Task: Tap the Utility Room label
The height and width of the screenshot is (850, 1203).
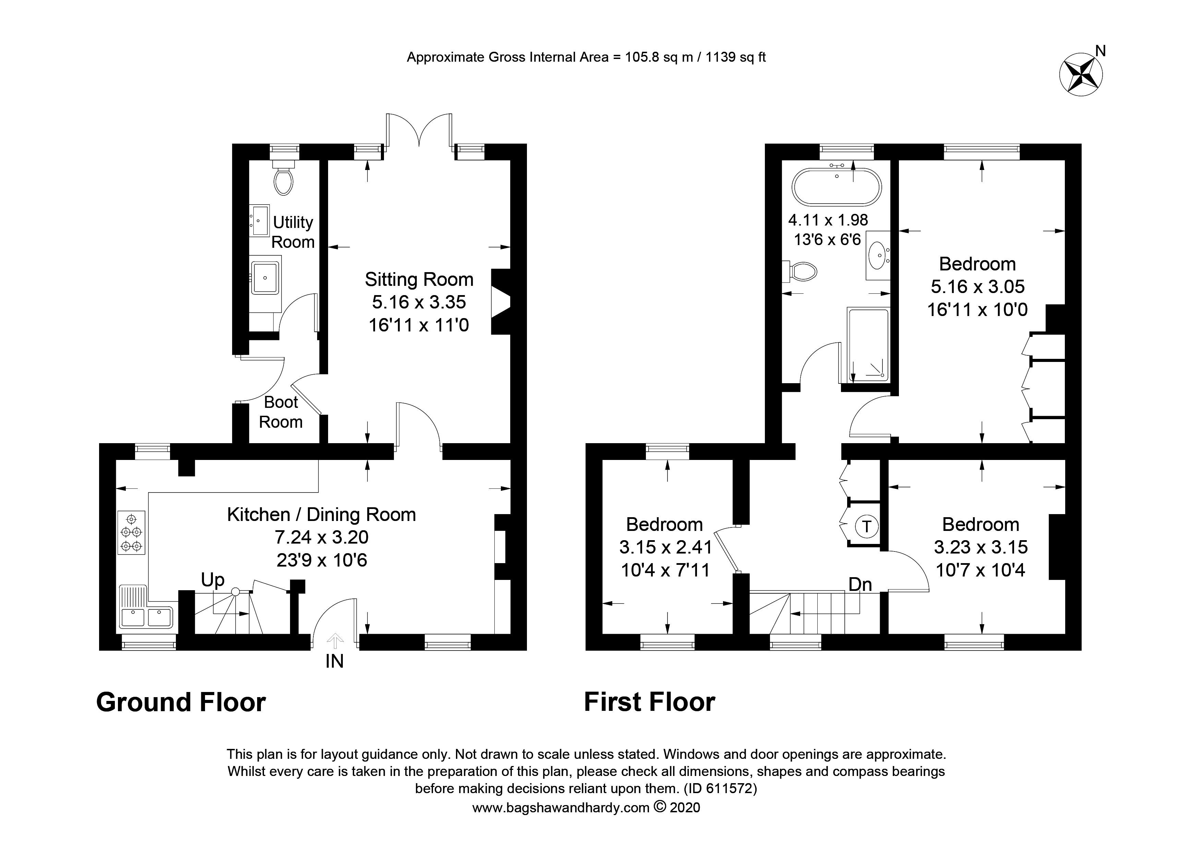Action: [x=293, y=232]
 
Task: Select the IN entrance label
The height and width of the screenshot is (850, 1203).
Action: [x=334, y=662]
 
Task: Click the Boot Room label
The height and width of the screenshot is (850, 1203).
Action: [x=281, y=412]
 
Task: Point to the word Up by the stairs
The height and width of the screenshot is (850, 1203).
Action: [x=213, y=580]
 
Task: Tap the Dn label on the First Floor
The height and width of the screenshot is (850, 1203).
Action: [x=860, y=584]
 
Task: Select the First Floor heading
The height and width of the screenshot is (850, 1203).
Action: [x=649, y=702]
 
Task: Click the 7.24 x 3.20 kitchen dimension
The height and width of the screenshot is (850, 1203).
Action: [x=322, y=537]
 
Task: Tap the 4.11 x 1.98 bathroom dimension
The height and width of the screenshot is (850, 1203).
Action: [x=828, y=220]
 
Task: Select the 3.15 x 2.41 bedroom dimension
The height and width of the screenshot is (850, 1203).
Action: [x=665, y=547]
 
